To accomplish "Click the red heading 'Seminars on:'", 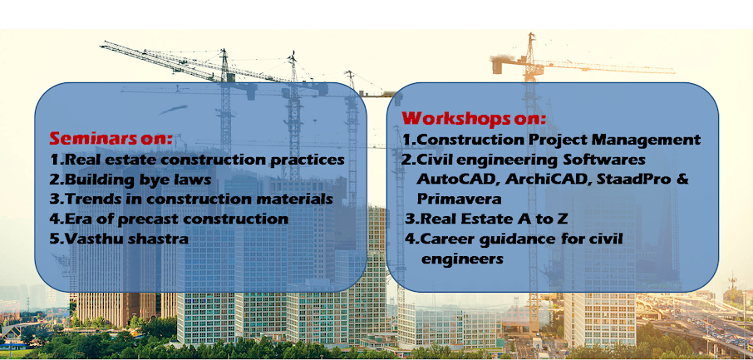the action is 111,138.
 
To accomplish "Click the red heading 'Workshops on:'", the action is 474,118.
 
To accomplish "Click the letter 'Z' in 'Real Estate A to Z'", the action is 563,219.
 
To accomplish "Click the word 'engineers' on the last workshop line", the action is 462,259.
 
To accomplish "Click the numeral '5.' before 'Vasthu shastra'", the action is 57,239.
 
